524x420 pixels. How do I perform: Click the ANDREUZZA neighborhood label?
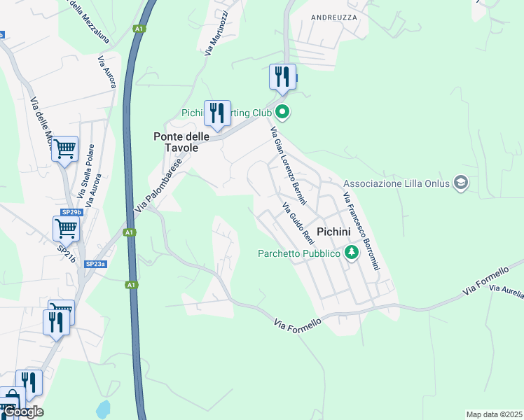point(333,17)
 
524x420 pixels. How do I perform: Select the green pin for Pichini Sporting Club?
point(282,111)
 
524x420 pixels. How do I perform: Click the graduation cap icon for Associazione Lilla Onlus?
point(461,183)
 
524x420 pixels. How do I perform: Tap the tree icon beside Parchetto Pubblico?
point(351,253)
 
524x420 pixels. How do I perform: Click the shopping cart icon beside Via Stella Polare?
point(64,148)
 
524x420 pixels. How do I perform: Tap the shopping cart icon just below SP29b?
point(65,227)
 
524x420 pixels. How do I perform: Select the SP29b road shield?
point(71,211)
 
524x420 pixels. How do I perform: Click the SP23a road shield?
point(95,264)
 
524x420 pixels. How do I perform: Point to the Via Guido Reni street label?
point(298,224)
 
